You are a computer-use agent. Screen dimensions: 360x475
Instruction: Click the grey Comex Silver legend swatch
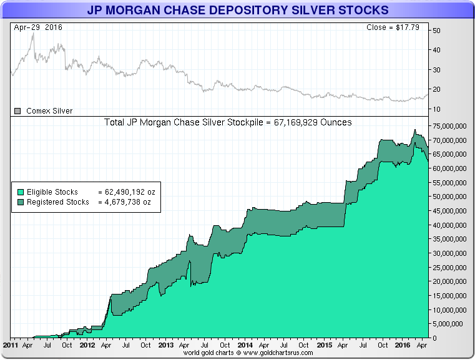coord(17,111)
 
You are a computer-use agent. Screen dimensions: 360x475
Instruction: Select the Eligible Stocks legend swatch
coord(21,192)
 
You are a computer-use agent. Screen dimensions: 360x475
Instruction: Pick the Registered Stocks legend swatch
coord(21,202)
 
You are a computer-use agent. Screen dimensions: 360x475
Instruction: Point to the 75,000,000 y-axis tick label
coord(448,125)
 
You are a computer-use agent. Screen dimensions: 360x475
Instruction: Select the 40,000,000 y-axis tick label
coord(448,225)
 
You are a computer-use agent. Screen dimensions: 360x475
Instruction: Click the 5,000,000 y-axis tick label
coord(450,324)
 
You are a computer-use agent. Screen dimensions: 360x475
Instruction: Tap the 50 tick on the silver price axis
coord(437,31)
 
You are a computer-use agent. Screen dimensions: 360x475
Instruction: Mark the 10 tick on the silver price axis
coord(437,109)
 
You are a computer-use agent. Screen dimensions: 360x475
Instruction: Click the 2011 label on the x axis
coord(11,344)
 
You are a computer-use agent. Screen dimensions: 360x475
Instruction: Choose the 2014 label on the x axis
coord(245,344)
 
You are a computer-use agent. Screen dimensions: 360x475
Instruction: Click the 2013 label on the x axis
coord(166,344)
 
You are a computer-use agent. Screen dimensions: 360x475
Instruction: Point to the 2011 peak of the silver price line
coord(33,34)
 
